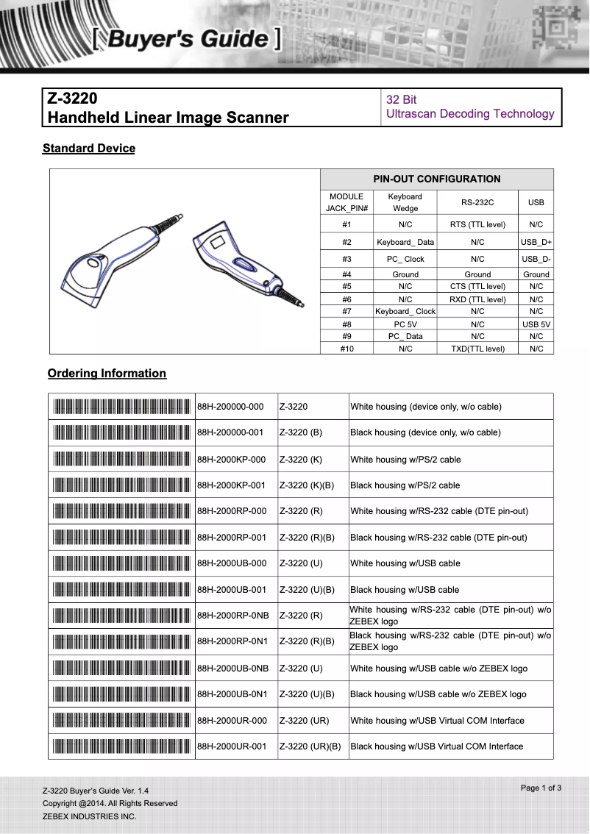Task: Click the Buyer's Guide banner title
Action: point(187,38)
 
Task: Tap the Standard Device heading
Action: point(89,149)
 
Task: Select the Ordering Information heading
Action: point(107,374)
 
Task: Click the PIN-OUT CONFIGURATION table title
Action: point(436,179)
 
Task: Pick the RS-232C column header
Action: point(477,202)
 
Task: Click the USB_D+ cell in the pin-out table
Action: point(536,242)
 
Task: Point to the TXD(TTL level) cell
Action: point(477,349)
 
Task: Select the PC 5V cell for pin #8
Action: point(405,324)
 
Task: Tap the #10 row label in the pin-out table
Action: point(346,349)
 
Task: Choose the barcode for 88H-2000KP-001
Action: point(122,485)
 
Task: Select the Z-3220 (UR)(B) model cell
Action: point(310,746)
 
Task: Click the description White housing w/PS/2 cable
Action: point(405,460)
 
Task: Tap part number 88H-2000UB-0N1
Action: point(232,694)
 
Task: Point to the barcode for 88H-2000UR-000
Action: point(122,721)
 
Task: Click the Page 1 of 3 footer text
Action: point(541,788)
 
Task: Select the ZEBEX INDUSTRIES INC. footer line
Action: point(89,816)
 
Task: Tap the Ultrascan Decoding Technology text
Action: point(470,114)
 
